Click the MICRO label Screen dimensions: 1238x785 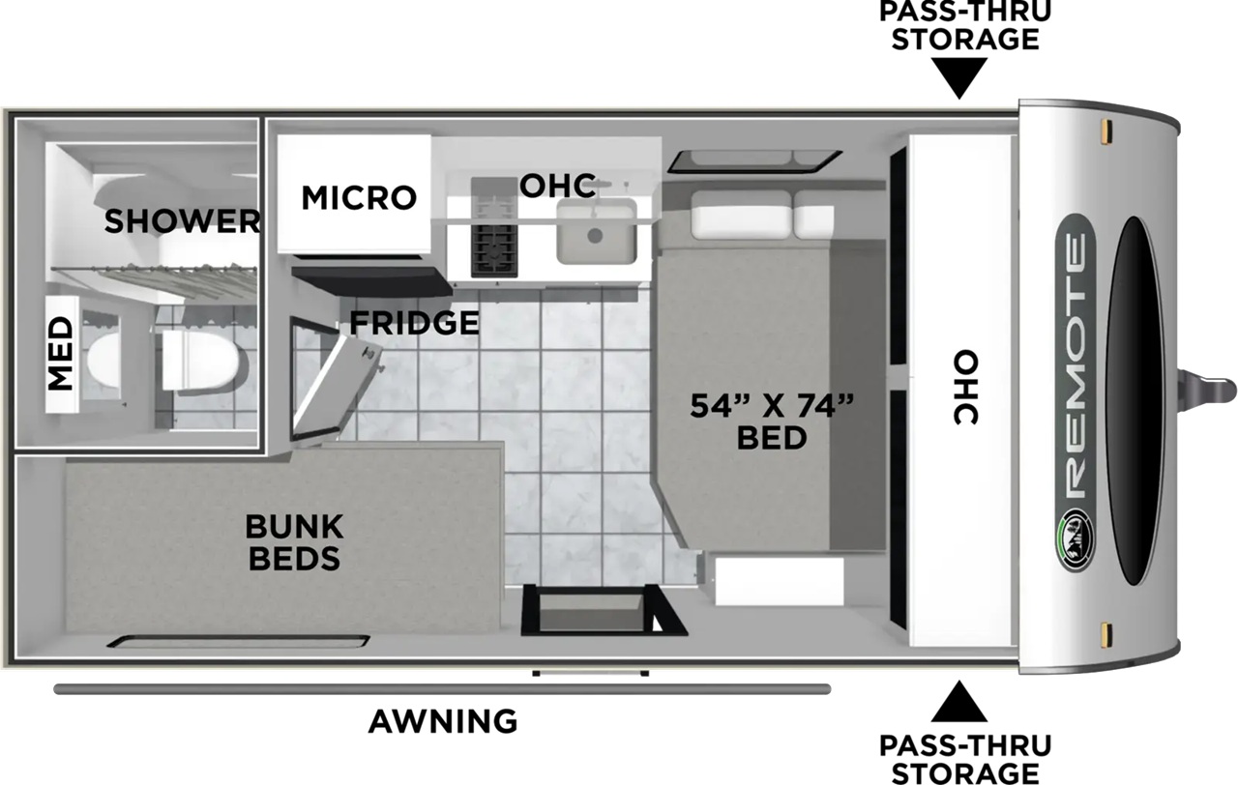click(x=359, y=198)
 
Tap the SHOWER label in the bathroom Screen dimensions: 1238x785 click(x=182, y=221)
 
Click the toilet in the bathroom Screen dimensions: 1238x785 click(x=199, y=362)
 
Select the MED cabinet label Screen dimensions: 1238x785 click(x=61, y=354)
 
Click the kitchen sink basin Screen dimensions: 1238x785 click(x=597, y=231)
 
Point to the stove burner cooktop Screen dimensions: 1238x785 click(x=494, y=227)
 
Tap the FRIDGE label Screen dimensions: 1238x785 click(x=415, y=323)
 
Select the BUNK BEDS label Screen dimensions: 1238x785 click(x=295, y=542)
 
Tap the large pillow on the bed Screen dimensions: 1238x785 click(x=741, y=215)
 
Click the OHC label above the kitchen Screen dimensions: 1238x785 click(x=558, y=186)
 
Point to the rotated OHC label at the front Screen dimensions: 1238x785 click(x=966, y=388)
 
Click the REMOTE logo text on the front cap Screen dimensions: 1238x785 click(x=1076, y=364)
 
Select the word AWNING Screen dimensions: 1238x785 click(x=443, y=721)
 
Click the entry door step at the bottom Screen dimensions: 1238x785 click(x=590, y=674)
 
